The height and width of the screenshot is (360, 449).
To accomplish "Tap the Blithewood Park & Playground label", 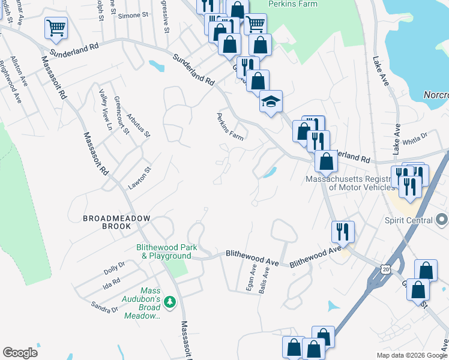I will pos(163,251).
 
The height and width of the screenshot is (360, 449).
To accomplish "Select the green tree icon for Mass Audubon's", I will pos(170,301).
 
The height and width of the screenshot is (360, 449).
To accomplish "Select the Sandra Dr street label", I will pos(104,307).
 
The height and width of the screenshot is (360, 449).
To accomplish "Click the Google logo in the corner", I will pos(20,353).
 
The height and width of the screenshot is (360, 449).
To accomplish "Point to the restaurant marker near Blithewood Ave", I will pos(343,230).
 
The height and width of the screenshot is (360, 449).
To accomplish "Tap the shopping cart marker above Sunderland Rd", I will pos(55,26).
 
